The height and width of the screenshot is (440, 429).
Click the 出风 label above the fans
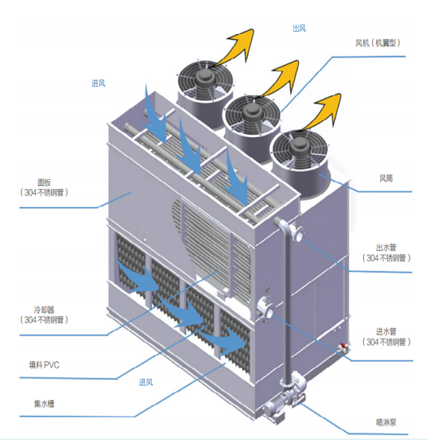pyautogui.click(x=299, y=28)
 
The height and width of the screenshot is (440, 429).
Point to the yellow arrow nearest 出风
pyautogui.click(x=240, y=44)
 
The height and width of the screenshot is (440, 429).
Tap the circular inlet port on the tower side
pyautogui.click(x=265, y=308)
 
